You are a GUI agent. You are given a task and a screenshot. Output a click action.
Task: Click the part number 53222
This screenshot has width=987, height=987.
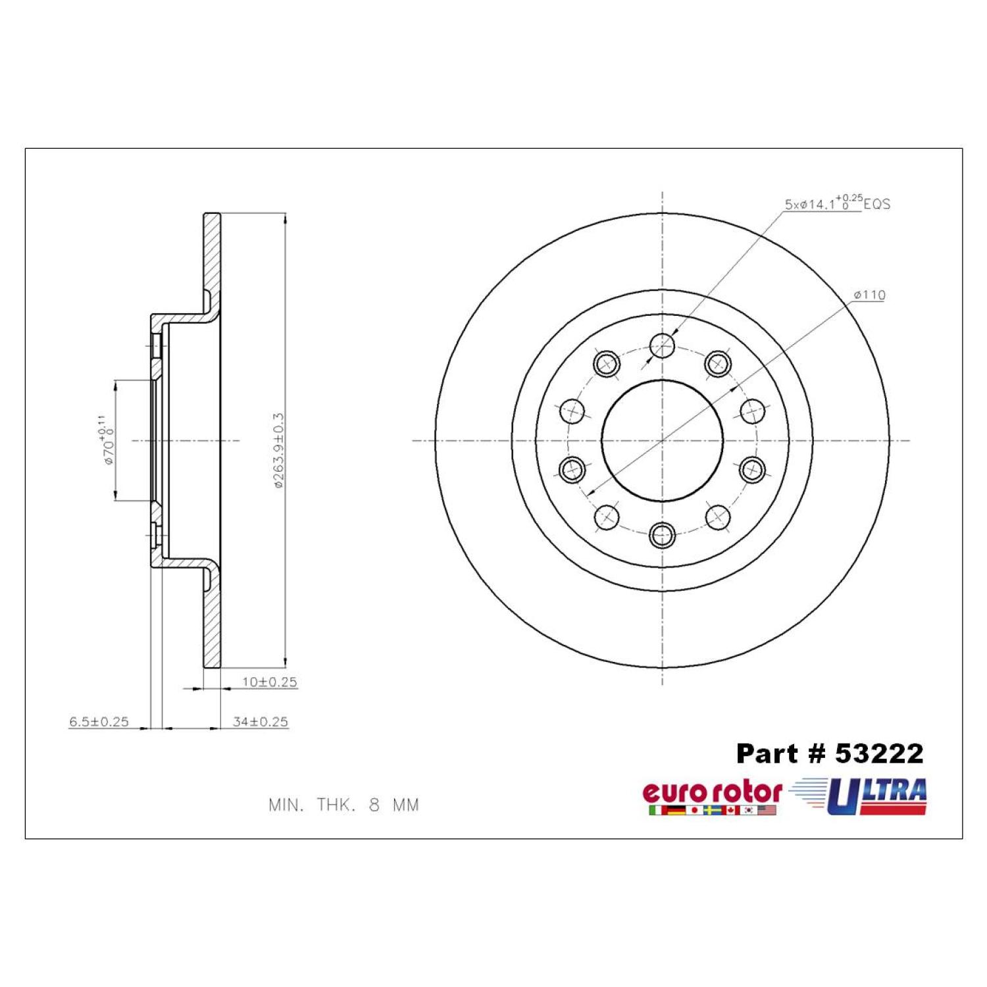tap(879, 754)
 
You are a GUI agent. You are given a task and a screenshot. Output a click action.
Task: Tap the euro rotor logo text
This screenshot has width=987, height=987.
tap(713, 792)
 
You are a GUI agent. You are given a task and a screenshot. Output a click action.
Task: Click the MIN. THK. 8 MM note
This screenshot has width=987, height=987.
tap(343, 805)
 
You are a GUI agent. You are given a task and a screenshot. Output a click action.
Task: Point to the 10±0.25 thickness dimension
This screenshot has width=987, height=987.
tap(270, 682)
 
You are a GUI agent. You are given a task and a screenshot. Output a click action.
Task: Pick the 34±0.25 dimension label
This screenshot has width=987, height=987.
tap(261, 721)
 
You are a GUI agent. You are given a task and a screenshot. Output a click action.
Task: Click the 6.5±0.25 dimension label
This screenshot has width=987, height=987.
tap(99, 721)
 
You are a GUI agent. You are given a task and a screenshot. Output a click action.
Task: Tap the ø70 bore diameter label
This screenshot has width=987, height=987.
tap(107, 440)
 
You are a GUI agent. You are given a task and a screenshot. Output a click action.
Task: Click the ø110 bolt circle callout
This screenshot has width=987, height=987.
tap(869, 295)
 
